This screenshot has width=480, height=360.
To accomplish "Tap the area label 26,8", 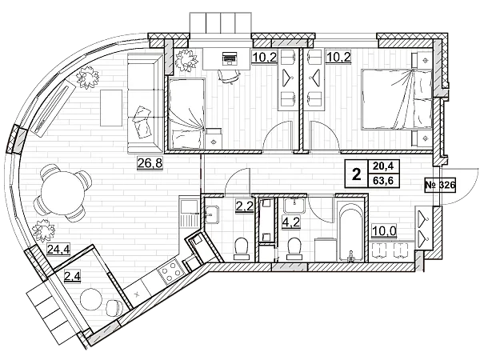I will [147, 166].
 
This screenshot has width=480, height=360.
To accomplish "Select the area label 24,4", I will [57, 248].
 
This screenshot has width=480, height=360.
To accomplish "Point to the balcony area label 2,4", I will [73, 278].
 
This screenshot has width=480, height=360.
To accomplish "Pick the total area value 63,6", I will [382, 181].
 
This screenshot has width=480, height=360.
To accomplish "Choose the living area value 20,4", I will [382, 166].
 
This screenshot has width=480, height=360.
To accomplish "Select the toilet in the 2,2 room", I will [241, 248].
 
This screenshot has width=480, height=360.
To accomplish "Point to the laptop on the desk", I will [228, 58].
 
